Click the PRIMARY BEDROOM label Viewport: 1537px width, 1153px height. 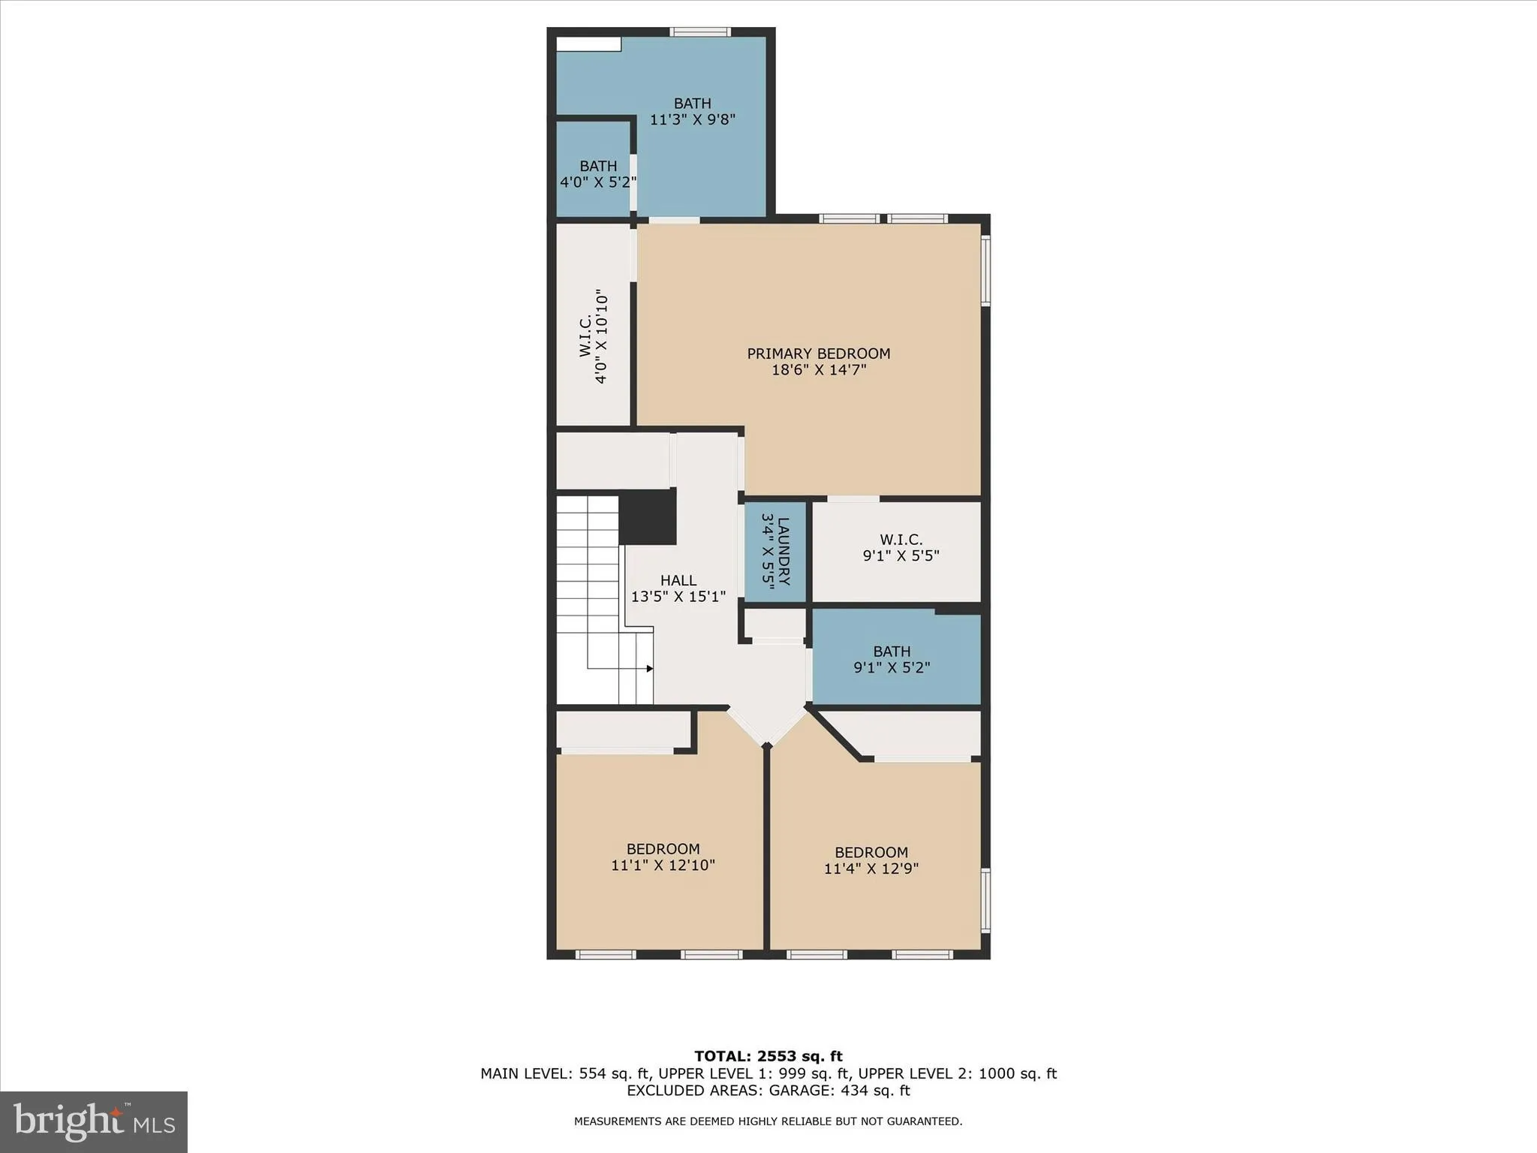coord(818,354)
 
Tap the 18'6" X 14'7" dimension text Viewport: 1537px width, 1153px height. coord(818,370)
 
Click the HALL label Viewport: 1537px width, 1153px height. coord(678,580)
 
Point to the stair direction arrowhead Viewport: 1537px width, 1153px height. coord(649,668)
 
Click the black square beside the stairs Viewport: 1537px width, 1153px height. coord(648,516)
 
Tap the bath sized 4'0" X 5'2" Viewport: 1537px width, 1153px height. coord(598,174)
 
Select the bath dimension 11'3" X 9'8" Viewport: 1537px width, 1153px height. coord(692,119)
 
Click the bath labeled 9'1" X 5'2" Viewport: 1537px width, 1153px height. coord(892,659)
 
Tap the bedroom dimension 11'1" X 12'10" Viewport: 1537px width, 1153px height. coord(663,866)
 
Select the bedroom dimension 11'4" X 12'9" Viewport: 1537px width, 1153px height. coord(871,869)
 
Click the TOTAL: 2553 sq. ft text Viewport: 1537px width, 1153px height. coord(768,1057)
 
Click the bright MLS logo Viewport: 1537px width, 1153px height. coord(94,1121)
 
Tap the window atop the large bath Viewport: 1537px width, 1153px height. coord(700,32)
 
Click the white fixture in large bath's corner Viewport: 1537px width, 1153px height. coord(588,44)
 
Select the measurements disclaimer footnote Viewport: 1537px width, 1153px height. coord(768,1121)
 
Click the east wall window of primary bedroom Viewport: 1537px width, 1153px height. coord(985,270)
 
